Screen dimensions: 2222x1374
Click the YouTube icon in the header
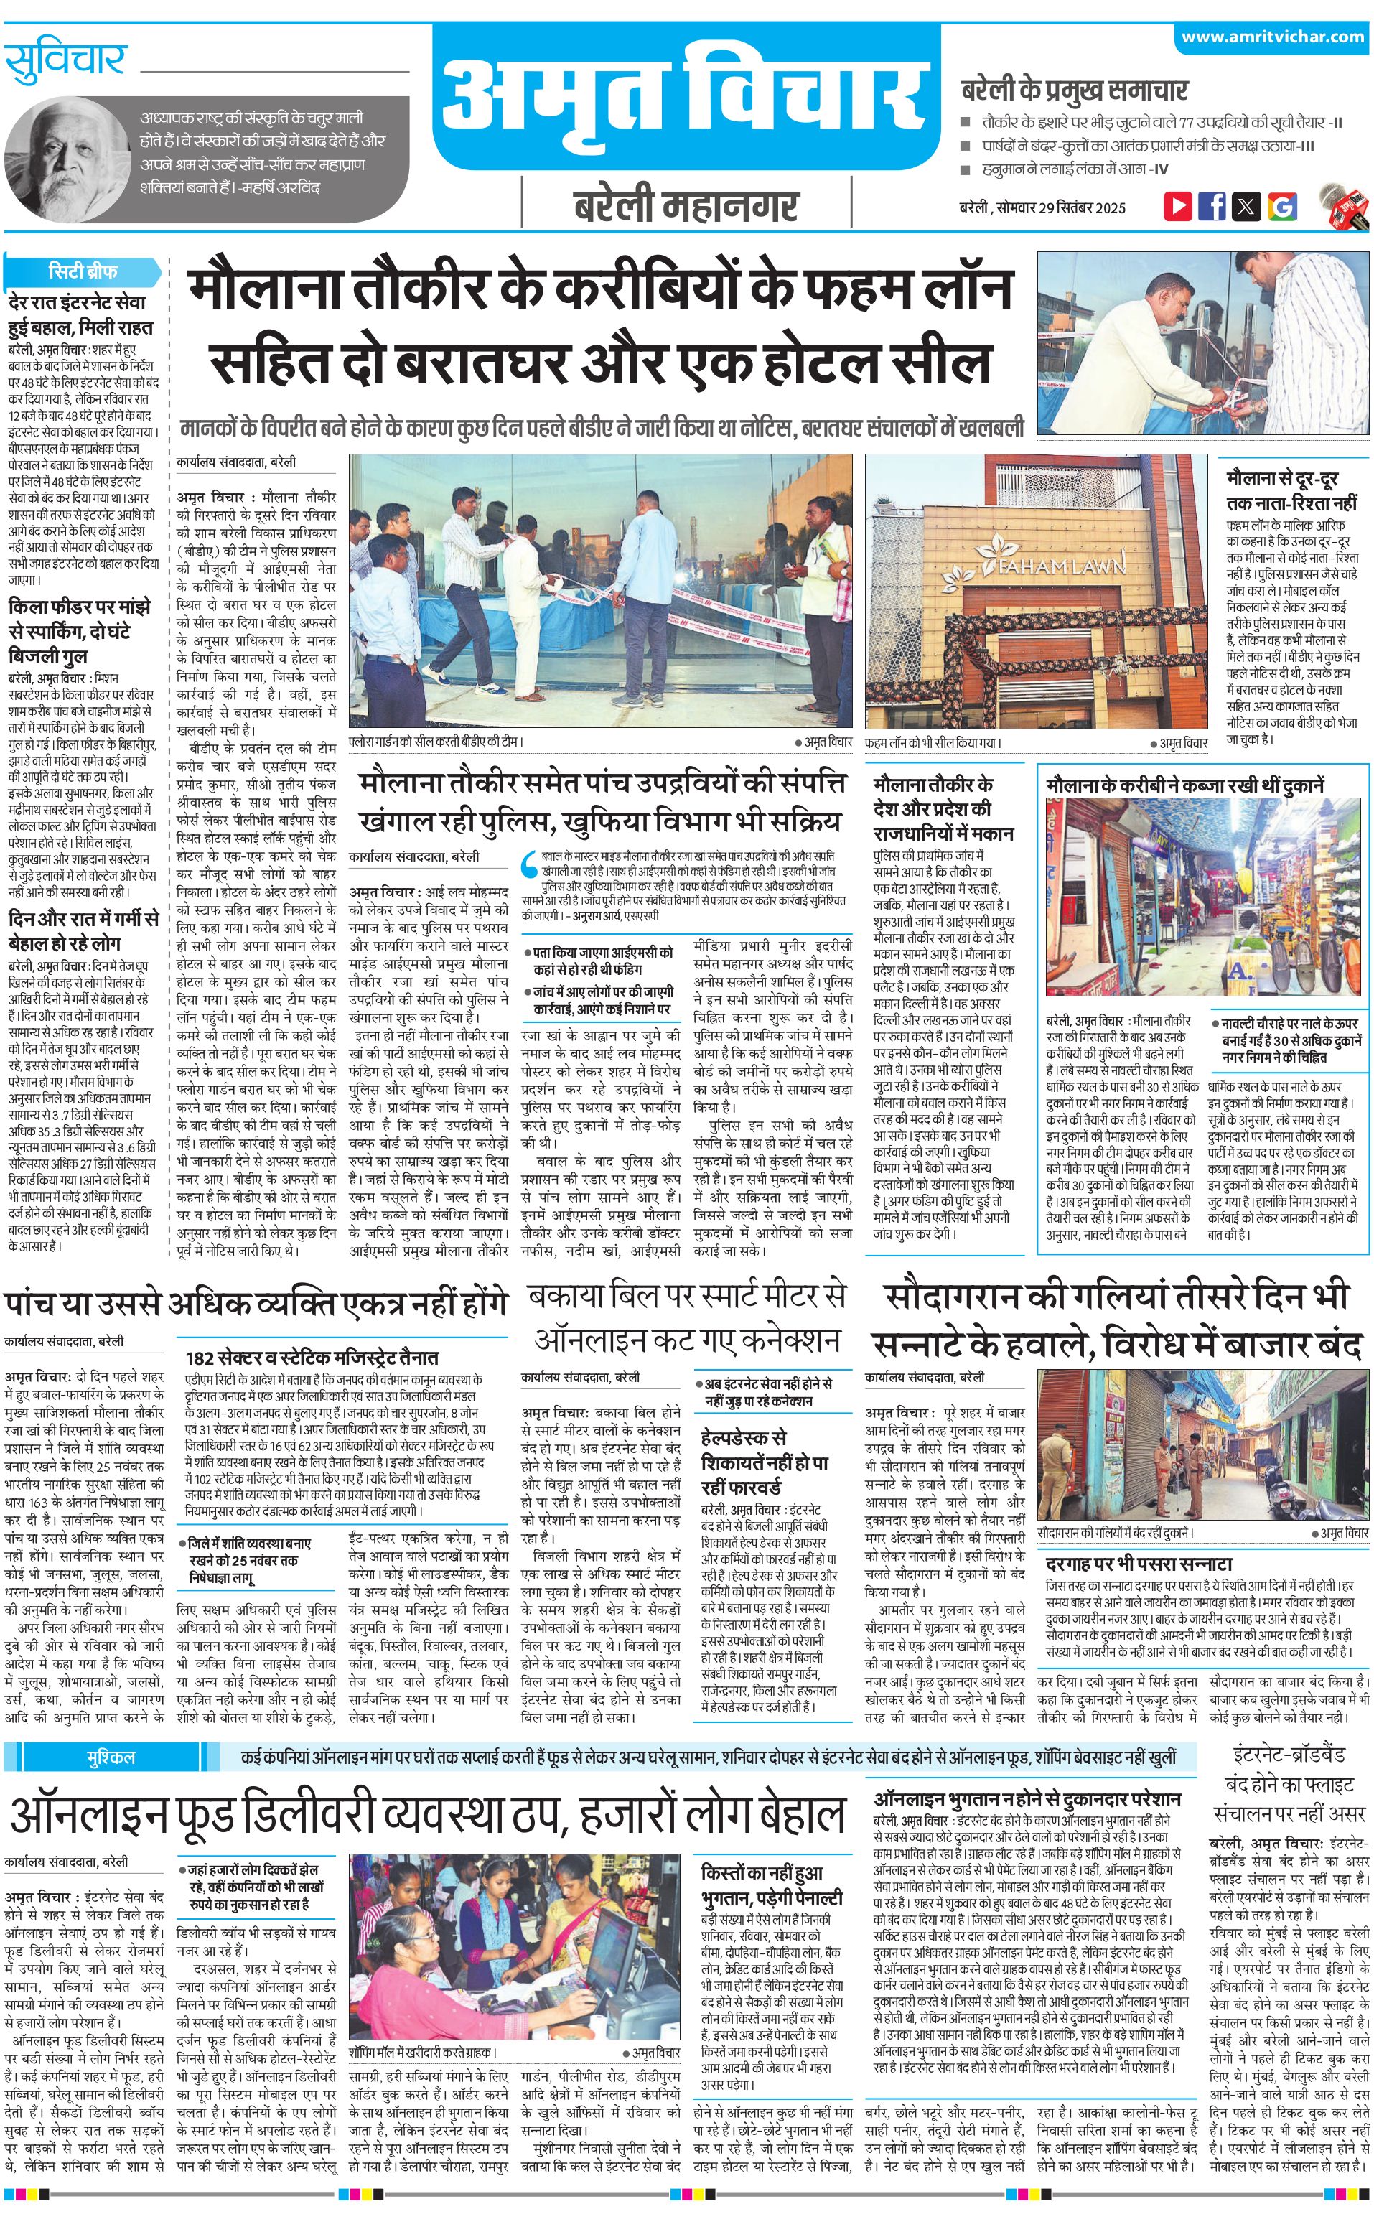click(1178, 206)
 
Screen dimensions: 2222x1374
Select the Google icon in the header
click(1282, 206)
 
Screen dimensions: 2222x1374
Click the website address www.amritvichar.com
click(1272, 37)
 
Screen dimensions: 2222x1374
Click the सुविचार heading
click(65, 62)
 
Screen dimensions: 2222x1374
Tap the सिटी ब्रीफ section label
click(83, 271)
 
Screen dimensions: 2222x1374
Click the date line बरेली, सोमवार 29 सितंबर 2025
click(1042, 207)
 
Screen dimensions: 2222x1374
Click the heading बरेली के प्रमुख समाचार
click(1074, 90)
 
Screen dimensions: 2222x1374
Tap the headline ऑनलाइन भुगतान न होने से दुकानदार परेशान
click(1027, 1799)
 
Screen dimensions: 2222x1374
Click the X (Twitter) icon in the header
click(1247, 206)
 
